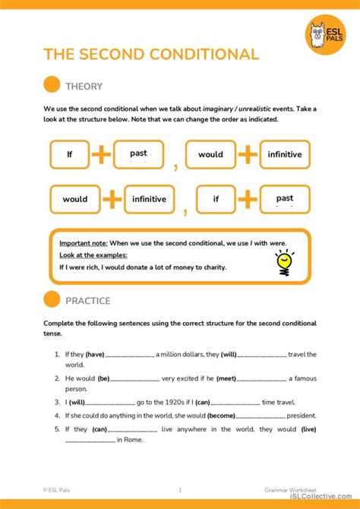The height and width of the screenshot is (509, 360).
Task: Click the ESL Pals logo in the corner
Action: (x=325, y=34)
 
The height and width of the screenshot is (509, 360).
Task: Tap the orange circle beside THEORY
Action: (x=52, y=86)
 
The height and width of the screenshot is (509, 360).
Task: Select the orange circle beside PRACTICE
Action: (x=52, y=300)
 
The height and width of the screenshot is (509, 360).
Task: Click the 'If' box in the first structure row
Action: (x=69, y=154)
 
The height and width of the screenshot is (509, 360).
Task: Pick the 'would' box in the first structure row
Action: (x=210, y=154)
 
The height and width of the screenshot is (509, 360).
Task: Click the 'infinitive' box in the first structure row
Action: (x=285, y=154)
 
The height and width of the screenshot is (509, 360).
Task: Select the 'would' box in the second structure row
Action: (x=75, y=199)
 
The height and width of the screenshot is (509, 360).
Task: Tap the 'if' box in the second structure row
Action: (x=216, y=199)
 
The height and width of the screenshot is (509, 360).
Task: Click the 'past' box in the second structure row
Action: (x=285, y=199)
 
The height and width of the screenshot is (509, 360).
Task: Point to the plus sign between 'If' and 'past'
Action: (x=102, y=154)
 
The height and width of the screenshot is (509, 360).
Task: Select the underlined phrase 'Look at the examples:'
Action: (x=93, y=255)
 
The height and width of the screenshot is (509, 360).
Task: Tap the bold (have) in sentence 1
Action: (x=95, y=354)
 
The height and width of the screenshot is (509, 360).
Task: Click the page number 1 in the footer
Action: (x=180, y=490)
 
